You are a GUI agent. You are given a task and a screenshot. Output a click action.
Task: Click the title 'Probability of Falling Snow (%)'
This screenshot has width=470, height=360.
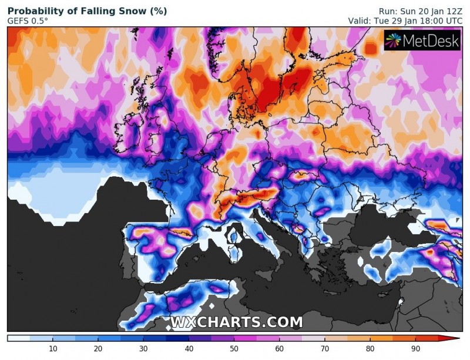(x=87, y=11)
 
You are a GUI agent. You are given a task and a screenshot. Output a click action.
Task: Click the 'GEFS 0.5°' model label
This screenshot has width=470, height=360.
(x=28, y=21)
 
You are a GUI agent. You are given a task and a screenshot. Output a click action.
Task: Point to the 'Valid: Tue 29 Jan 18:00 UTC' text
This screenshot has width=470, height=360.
(x=406, y=21)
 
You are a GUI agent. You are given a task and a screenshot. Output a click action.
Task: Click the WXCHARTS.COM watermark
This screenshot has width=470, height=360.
(x=236, y=322)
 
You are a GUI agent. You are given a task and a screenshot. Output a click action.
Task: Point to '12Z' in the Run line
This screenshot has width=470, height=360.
(x=454, y=11)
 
